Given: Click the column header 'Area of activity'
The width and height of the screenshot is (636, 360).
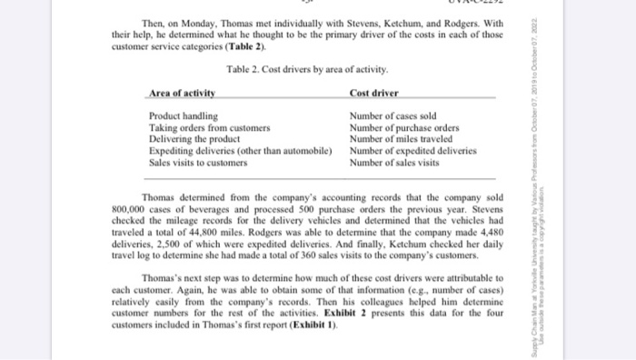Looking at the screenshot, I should click(182, 93).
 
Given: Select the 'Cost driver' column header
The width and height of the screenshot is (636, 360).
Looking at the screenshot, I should click(373, 93).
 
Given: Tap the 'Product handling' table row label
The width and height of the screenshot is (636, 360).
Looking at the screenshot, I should click(184, 116).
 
